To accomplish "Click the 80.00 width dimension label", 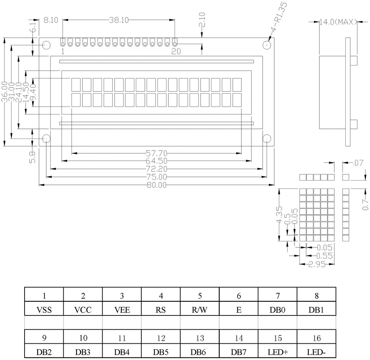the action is tap(156, 185).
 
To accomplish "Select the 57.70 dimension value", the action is tap(156, 153).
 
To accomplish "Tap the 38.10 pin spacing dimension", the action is tap(119, 20).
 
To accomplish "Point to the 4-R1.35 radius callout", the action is tap(279, 17).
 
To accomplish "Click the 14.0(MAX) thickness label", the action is tap(338, 22).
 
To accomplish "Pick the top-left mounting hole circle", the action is tap(46, 45).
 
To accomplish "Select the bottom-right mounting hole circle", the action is tap(267, 139).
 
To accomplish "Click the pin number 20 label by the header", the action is tap(176, 51).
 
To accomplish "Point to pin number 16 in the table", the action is tap(317, 338).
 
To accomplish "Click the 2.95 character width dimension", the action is tap(317, 264).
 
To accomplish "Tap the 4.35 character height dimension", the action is tap(279, 215).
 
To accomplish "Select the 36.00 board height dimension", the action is tap(4, 92).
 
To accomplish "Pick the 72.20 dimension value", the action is tap(156, 169).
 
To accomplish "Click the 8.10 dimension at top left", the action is tap(51, 20).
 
